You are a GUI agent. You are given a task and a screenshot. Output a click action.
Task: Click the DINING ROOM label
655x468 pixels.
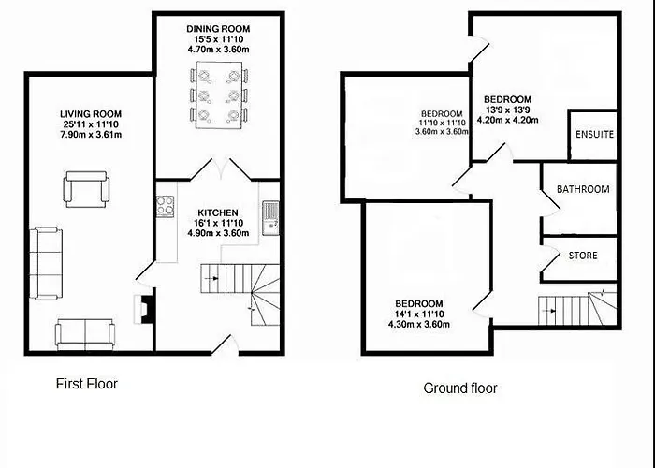218,29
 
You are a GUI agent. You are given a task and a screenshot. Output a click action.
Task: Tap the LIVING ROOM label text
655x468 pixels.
91,114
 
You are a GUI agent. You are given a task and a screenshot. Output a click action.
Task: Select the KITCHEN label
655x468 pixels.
218,212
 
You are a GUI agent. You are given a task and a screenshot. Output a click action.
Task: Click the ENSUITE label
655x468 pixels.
594,134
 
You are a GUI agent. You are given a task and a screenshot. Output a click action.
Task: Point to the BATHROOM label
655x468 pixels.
583,189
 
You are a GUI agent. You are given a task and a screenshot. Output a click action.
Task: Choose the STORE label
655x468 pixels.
583,256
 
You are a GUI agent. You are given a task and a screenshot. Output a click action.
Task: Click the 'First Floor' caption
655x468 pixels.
87,384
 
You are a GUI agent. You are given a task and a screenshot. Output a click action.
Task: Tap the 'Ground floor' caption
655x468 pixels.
460,388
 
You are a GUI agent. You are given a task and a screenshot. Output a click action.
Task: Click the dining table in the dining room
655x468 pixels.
218,95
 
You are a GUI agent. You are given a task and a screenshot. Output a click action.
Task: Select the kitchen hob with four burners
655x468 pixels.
165,207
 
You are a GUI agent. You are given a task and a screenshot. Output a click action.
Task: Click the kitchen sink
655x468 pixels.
270,218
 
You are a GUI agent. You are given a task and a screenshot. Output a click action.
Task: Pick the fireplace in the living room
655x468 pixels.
142,309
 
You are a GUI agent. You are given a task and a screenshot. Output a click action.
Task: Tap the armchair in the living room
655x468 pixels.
86,189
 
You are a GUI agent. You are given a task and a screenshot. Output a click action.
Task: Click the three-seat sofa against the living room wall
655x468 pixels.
46,263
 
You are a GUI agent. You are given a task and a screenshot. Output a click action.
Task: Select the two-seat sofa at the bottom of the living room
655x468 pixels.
85,334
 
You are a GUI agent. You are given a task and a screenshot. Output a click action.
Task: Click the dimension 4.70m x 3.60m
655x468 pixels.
218,50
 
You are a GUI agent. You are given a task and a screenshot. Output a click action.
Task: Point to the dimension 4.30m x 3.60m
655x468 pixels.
419,324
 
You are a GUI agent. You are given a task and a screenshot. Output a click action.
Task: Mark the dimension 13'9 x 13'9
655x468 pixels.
507,110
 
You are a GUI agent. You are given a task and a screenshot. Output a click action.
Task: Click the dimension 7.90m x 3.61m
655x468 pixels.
91,135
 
